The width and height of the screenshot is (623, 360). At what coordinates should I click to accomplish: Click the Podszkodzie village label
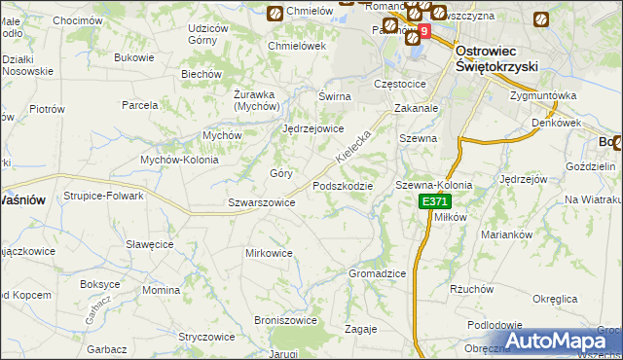click(x=342, y=186)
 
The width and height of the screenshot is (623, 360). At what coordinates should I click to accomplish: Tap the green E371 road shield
click(x=435, y=201)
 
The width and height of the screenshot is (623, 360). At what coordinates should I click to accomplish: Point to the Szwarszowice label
click(x=261, y=202)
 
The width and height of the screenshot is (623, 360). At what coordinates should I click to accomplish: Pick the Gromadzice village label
click(x=377, y=273)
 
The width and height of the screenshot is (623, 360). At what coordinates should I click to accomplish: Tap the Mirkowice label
click(x=269, y=253)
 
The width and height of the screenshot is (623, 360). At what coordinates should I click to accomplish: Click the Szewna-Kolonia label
click(x=433, y=185)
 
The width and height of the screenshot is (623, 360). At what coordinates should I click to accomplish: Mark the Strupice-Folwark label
click(x=104, y=196)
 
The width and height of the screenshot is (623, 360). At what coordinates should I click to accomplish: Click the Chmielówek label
click(x=297, y=45)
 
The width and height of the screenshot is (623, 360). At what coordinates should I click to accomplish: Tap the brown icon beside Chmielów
click(x=275, y=13)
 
